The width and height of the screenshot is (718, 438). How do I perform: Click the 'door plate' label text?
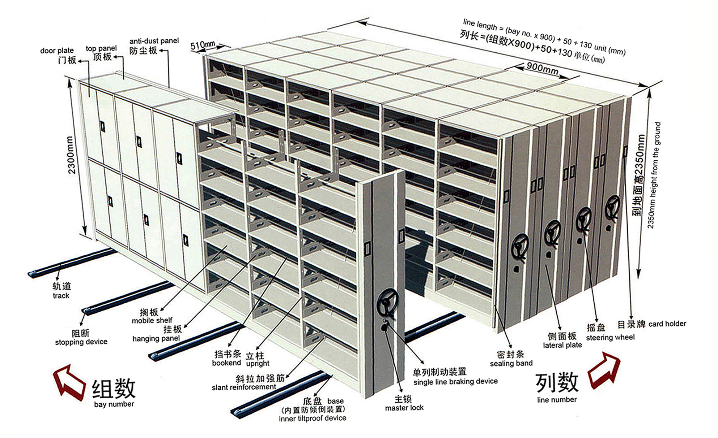click(x=57, y=51)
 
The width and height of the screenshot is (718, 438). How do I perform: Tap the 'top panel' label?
click(x=101, y=48)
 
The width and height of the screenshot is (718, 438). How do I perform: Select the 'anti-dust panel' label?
click(x=154, y=41)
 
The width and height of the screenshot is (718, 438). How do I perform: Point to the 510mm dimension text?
click(x=203, y=45)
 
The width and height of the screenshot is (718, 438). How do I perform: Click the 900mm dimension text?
click(x=542, y=68)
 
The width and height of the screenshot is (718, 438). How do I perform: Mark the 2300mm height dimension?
click(x=71, y=155)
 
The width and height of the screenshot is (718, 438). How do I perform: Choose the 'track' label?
click(x=61, y=296)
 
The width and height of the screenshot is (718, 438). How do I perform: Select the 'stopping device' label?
click(x=81, y=342)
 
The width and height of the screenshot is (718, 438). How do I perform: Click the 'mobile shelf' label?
click(x=152, y=321)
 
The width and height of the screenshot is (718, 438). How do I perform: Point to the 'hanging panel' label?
click(x=156, y=339)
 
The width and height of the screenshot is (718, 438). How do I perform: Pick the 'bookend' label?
click(x=226, y=363)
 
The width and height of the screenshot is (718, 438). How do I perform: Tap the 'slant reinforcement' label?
click(x=244, y=387)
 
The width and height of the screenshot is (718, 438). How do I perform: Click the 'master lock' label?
click(x=404, y=408)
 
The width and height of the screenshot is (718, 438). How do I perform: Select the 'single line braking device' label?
click(x=455, y=382)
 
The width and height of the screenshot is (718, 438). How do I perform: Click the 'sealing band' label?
click(x=511, y=363)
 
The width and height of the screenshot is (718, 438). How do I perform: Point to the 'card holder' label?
click(x=667, y=324)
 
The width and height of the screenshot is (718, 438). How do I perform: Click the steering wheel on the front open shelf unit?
click(x=388, y=303)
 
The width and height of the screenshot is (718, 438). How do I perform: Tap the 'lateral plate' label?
click(x=562, y=345)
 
